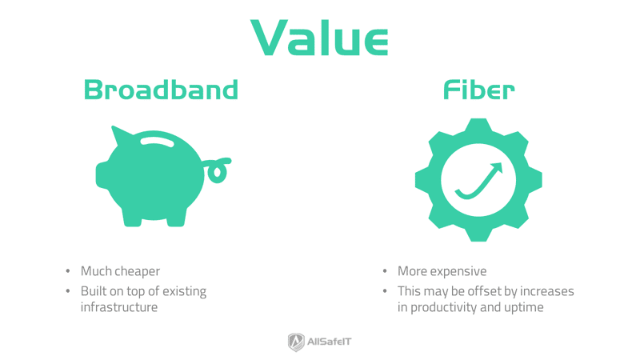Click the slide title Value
tap(319, 38)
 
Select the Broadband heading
tap(161, 90)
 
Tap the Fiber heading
tap(478, 90)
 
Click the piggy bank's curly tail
tap(218, 169)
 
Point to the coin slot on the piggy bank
tap(158, 142)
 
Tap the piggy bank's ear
tap(121, 134)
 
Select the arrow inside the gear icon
tap(479, 181)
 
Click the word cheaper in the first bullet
tap(138, 272)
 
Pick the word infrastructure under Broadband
tap(119, 307)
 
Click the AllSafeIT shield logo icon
tap(296, 342)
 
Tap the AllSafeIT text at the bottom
tap(330, 342)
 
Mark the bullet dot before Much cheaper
tap(68, 272)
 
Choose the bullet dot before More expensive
tap(385, 272)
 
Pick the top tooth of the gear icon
tap(478, 126)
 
